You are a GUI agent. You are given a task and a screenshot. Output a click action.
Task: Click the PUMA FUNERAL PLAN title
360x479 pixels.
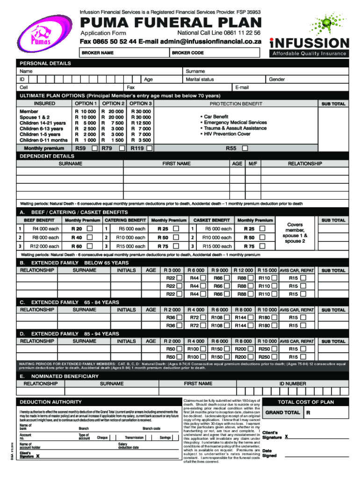click(x=171, y=23)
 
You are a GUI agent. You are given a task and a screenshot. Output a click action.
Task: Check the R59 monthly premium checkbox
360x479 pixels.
click(x=95, y=149)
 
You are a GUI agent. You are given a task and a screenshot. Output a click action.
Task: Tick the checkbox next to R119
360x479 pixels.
click(x=149, y=149)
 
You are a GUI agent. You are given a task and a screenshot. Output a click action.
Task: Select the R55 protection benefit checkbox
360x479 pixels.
click(x=245, y=149)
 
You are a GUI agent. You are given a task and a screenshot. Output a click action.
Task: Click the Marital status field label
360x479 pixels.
click(x=200, y=80)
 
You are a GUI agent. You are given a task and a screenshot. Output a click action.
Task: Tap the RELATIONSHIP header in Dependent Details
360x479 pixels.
click(x=304, y=164)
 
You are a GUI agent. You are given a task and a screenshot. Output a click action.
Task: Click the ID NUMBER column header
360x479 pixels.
click(x=292, y=384)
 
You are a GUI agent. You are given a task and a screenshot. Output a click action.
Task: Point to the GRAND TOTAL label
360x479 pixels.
click(x=282, y=413)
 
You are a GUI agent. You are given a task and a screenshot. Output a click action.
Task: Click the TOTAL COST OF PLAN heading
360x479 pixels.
click(x=306, y=402)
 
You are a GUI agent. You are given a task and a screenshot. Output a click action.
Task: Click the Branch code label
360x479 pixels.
click(x=151, y=428)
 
